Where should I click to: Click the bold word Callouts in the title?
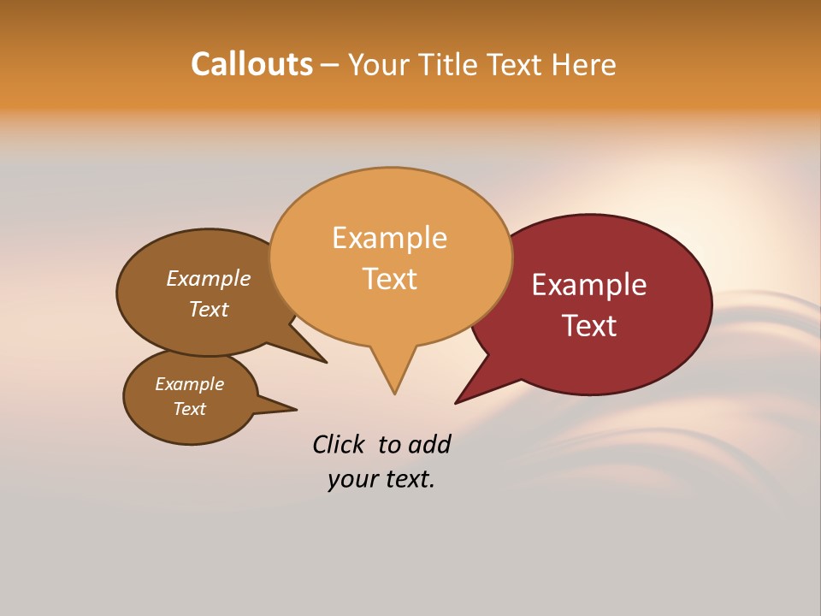[x=251, y=64]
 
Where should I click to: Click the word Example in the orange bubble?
[x=389, y=238]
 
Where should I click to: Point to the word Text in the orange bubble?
[x=389, y=279]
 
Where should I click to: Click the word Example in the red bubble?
[x=589, y=285]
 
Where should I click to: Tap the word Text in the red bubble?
[x=589, y=326]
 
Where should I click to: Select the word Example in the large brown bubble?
[x=208, y=279]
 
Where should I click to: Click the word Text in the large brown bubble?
[x=208, y=309]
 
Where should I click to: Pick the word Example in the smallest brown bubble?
[x=189, y=384]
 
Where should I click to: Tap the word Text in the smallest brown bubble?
[x=189, y=409]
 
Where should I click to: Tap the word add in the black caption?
[x=429, y=445]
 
